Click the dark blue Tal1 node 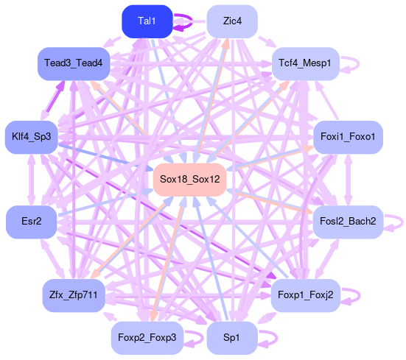pyautogui.click(x=147, y=21)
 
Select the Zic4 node pyautogui.click(x=232, y=21)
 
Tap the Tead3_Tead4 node pyautogui.click(x=74, y=63)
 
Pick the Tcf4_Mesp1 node pyautogui.click(x=305, y=63)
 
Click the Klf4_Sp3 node pyautogui.click(x=32, y=137)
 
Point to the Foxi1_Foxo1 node pyautogui.click(x=348, y=137)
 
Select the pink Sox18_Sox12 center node pyautogui.click(x=190, y=180)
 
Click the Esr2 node pyautogui.click(x=32, y=222)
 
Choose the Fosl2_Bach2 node pyautogui.click(x=348, y=222)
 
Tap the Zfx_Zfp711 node pyautogui.click(x=74, y=295)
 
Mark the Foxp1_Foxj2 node pyautogui.click(x=305, y=295)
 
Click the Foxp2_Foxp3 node pyautogui.click(x=147, y=338)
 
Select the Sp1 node pyautogui.click(x=232, y=338)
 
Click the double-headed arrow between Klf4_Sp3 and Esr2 pyautogui.click(x=32, y=180)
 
